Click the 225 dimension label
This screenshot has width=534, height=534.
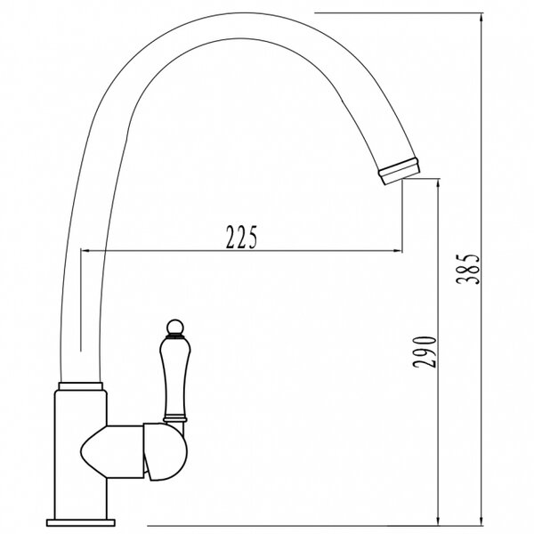242,237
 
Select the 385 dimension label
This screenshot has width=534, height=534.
469,269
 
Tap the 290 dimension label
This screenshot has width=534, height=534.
425,352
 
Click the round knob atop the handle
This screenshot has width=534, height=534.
175,327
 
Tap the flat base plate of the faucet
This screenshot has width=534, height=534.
81,522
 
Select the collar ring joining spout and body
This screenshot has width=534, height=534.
81,386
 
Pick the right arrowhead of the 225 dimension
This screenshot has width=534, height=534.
397,251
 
